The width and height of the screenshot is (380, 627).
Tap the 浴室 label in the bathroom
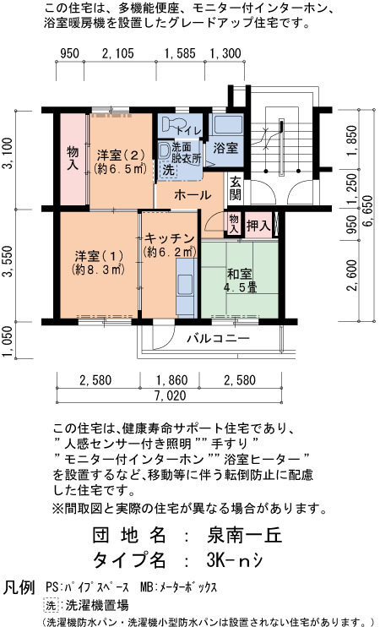pos(225,148)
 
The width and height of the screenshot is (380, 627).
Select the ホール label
pos(193,195)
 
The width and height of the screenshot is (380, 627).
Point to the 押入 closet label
pos(258,226)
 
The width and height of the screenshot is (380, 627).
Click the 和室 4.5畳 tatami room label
pos(239,281)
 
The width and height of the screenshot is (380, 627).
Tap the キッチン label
pos(170,244)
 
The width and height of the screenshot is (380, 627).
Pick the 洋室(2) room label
pos(120,161)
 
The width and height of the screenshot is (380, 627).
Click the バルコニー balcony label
pos(218,339)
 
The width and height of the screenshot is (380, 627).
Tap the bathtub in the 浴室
pos(227,125)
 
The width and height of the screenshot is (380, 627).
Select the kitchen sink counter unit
pos(187,288)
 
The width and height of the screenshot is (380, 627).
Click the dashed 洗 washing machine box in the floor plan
pos(168,170)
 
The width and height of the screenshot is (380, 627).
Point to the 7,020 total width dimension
pos(171,395)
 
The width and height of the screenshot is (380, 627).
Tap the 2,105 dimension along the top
pos(118,53)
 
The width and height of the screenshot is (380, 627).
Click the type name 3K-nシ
pos(235,560)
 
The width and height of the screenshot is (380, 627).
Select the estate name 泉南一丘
pos(245,535)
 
